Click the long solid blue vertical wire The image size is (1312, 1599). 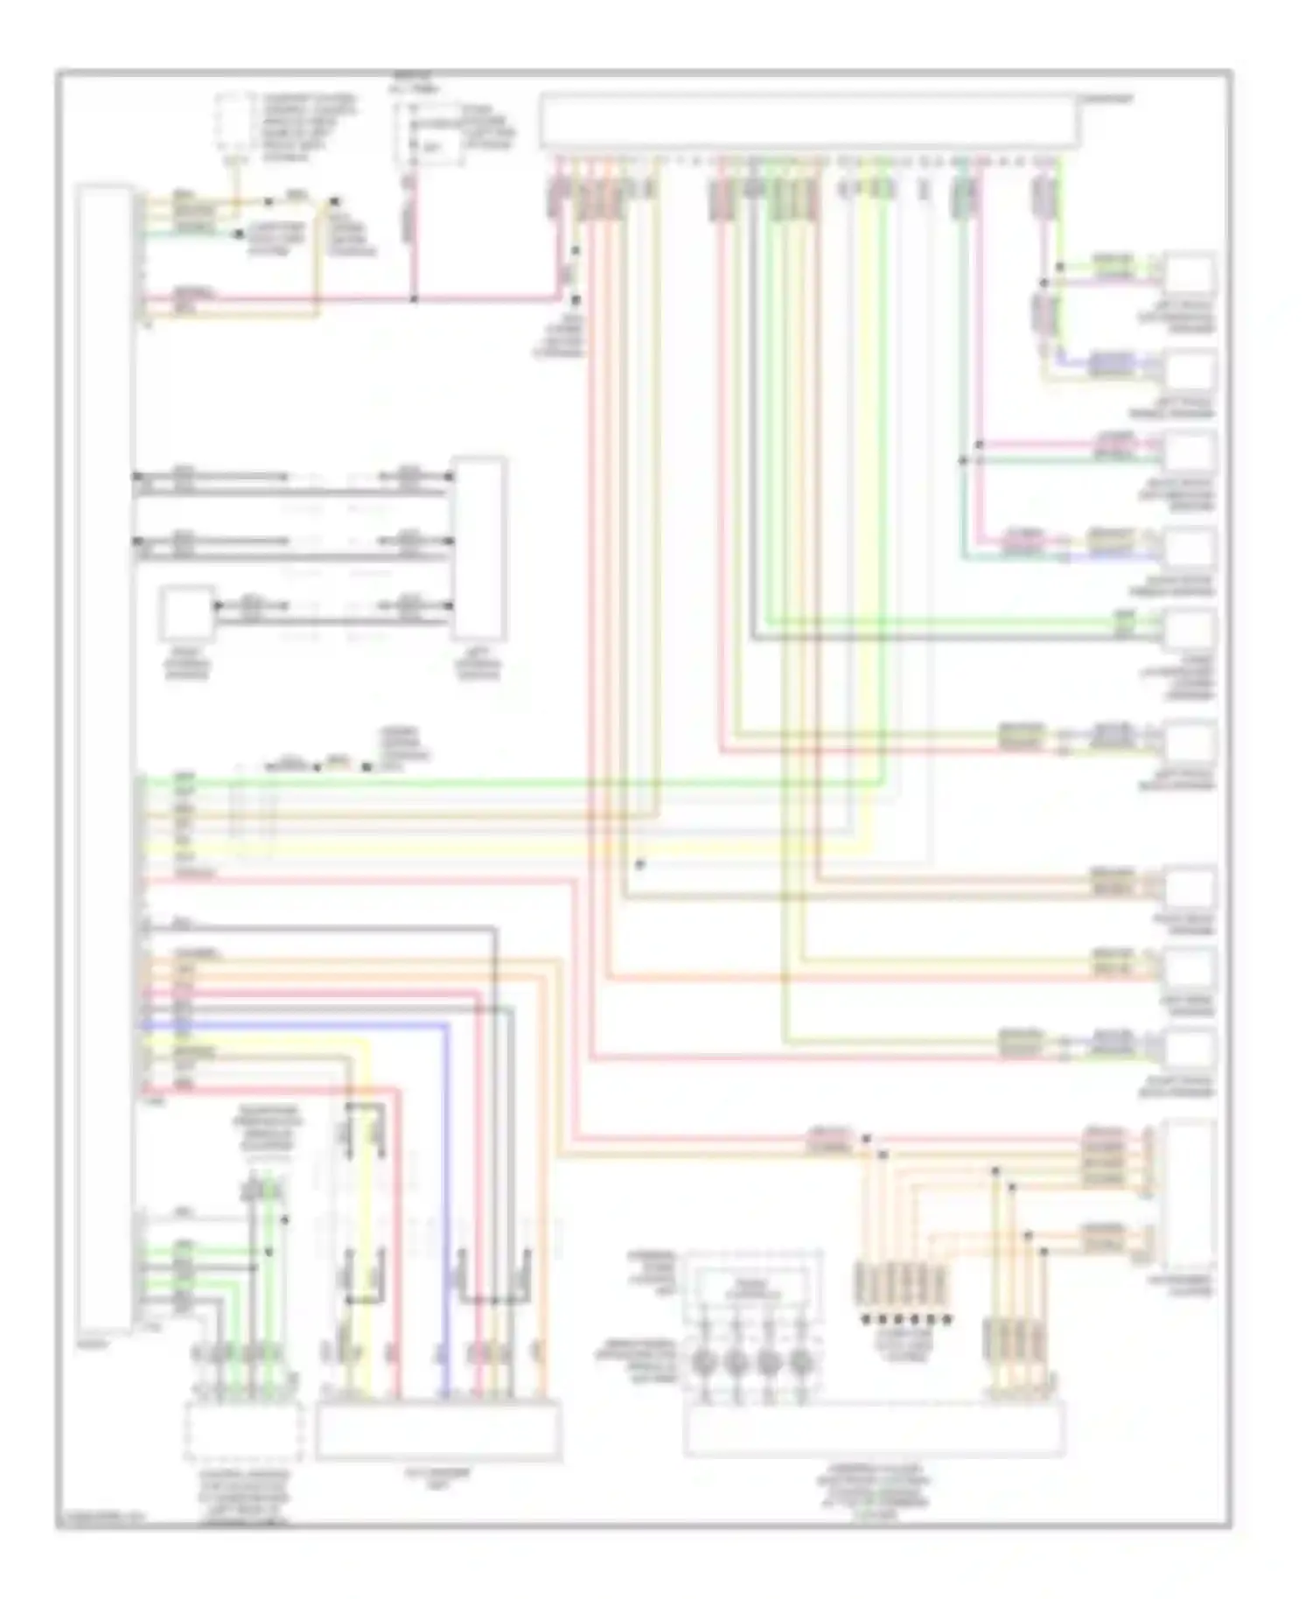(445, 1207)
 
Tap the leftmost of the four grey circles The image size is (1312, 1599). (702, 1362)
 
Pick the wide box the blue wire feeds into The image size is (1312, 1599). (438, 1430)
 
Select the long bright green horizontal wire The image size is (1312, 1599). (525, 783)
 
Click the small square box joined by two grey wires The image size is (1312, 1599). (186, 615)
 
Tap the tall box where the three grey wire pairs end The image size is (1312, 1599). (478, 548)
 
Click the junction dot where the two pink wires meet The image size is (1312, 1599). (415, 298)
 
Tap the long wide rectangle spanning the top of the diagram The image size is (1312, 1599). (810, 121)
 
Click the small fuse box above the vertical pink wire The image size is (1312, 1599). (429, 134)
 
